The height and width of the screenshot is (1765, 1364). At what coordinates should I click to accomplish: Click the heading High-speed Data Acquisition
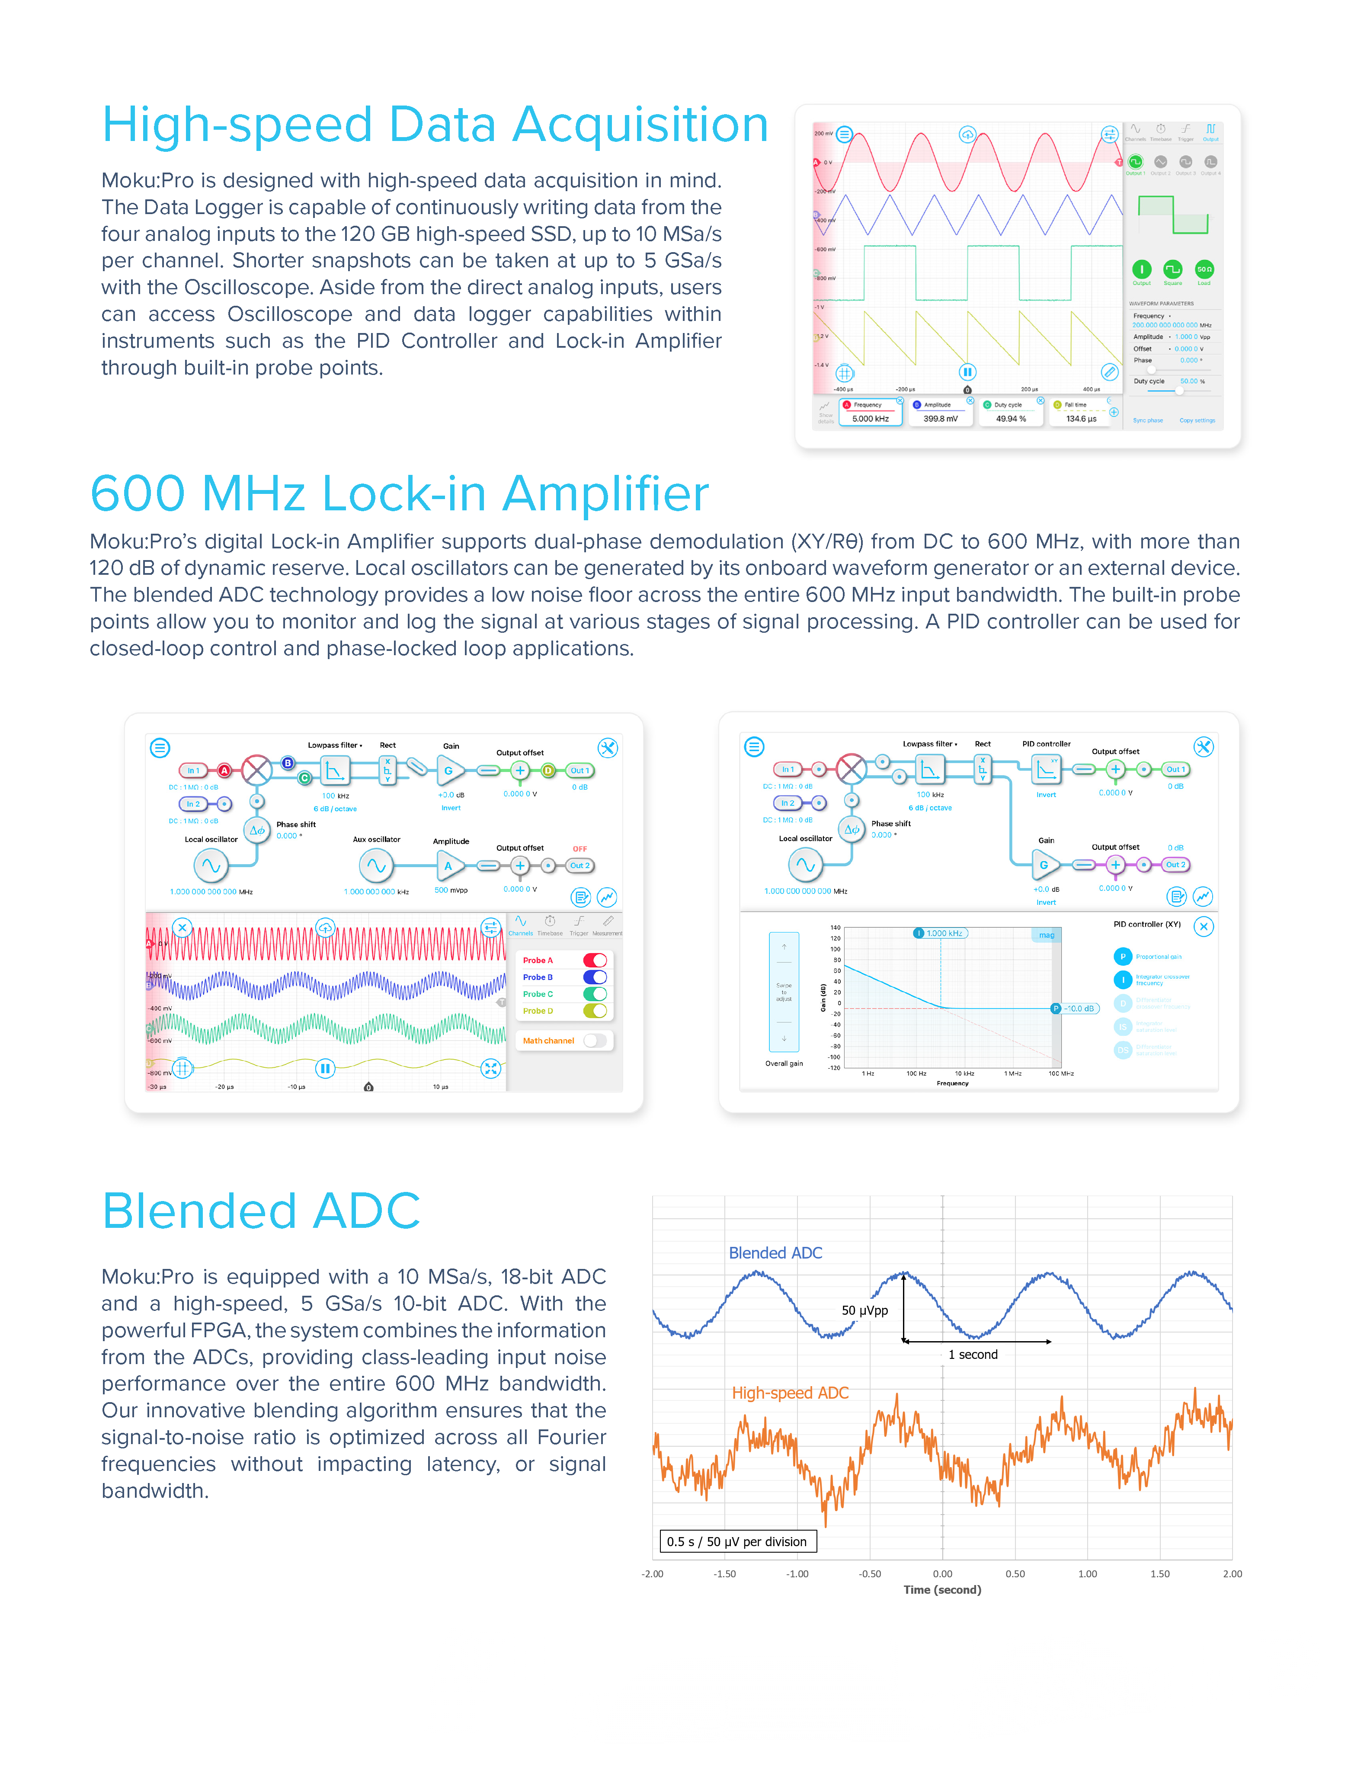click(x=435, y=125)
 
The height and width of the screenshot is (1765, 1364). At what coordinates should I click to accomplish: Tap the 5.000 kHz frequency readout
click(x=870, y=419)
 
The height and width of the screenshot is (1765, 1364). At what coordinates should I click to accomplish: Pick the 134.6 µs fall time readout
click(x=1080, y=419)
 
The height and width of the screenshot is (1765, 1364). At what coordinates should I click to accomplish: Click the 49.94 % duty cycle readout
click(x=1010, y=419)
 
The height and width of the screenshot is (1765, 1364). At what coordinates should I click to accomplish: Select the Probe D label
click(x=538, y=1011)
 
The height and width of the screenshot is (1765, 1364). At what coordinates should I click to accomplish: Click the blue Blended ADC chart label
click(x=775, y=1252)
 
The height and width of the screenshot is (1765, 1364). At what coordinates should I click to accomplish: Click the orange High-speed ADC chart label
click(x=790, y=1393)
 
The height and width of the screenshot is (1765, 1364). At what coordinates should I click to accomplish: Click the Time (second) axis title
click(x=942, y=1590)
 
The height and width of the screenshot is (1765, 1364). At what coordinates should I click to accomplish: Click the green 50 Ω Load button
click(x=1204, y=269)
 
